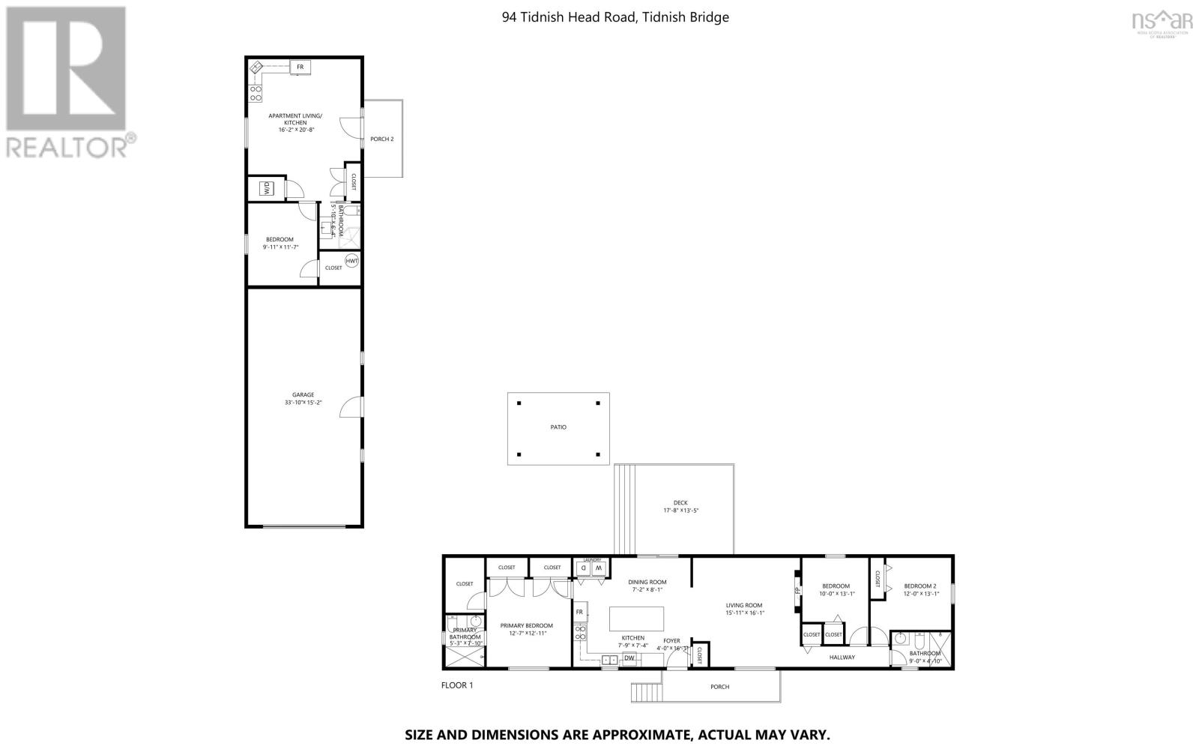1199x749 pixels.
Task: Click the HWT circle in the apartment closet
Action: pyautogui.click(x=351, y=261)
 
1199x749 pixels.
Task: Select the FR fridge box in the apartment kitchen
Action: pyautogui.click(x=300, y=67)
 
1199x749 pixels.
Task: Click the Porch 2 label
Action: pyautogui.click(x=381, y=139)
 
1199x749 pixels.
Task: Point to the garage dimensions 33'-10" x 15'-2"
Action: pyautogui.click(x=303, y=403)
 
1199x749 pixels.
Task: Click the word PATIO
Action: pyautogui.click(x=558, y=427)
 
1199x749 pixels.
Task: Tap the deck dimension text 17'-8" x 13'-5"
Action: pyautogui.click(x=680, y=511)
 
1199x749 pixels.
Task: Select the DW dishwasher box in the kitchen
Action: pyautogui.click(x=629, y=658)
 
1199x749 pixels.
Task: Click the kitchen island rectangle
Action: pyautogui.click(x=637, y=619)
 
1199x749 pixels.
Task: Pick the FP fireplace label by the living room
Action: pyautogui.click(x=796, y=590)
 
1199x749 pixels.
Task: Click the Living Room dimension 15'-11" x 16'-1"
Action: pyautogui.click(x=743, y=613)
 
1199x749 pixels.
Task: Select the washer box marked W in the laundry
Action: pyautogui.click(x=599, y=569)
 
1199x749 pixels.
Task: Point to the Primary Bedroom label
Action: pyautogui.click(x=526, y=625)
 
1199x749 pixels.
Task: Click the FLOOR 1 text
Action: pyautogui.click(x=457, y=685)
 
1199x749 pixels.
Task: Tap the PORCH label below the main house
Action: pyautogui.click(x=719, y=687)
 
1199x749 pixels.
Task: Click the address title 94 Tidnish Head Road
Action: pyautogui.click(x=614, y=17)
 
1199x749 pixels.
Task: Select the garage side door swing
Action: pyautogui.click(x=349, y=407)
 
